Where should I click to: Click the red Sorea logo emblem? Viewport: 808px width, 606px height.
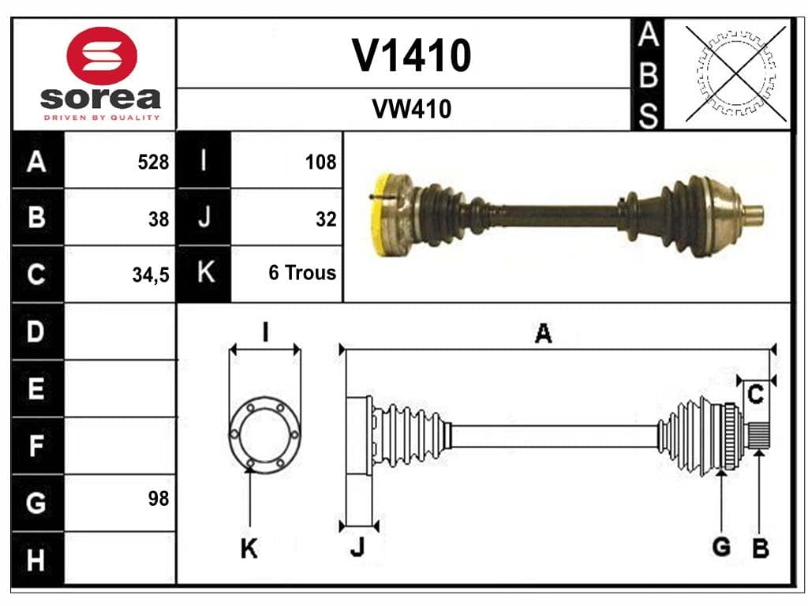pyautogui.click(x=102, y=56)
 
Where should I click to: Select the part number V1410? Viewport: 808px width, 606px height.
pyautogui.click(x=411, y=55)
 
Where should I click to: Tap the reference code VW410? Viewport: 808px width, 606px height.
pyautogui.click(x=411, y=109)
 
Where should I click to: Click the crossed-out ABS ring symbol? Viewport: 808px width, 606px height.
pyautogui.click(x=736, y=73)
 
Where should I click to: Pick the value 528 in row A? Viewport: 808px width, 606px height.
pyautogui.click(x=153, y=162)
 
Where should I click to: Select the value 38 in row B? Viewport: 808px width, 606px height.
pyautogui.click(x=159, y=219)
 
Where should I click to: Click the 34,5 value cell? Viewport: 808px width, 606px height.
pyautogui.click(x=151, y=275)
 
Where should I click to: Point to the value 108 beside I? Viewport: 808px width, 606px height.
pyautogui.click(x=320, y=162)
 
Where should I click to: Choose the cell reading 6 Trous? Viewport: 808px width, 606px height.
pyautogui.click(x=302, y=272)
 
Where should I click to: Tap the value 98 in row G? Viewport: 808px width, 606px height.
pyautogui.click(x=159, y=499)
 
